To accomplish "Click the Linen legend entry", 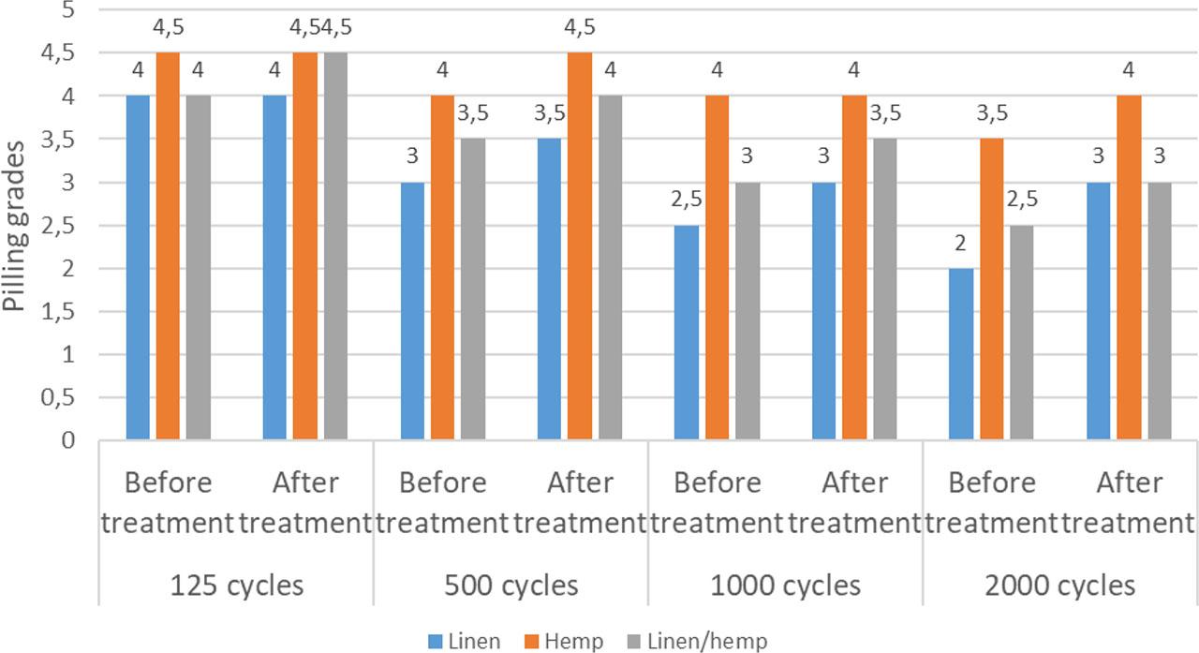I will coord(465,641).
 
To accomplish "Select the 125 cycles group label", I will coord(236,586).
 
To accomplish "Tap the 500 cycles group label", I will coord(511,586).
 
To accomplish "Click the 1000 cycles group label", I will coord(785,586).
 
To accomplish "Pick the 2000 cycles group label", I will coord(1060,586).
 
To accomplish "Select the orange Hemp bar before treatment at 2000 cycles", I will coord(991,289).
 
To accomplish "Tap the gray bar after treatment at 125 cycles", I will coord(335,246).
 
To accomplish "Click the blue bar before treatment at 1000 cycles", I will coord(687,333).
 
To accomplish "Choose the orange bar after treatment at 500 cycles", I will coord(579,246).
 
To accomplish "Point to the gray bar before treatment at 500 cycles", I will coord(472,289).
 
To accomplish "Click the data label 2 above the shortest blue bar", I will coord(961,243).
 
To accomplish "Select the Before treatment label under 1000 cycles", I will coord(717,502).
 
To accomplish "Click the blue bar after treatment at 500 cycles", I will coord(549,289).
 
